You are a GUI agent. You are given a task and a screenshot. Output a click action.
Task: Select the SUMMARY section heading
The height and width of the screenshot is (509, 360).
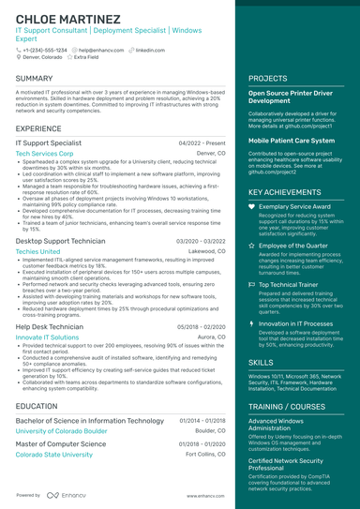click(x=35, y=78)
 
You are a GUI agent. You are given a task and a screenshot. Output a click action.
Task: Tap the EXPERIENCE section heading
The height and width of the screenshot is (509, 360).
click(x=38, y=127)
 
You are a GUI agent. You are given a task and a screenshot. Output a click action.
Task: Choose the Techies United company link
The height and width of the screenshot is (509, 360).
click(x=38, y=251)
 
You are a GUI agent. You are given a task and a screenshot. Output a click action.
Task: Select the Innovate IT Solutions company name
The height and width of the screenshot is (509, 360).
click(x=48, y=337)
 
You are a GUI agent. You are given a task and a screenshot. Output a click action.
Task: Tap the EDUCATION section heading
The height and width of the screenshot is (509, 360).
click(x=37, y=405)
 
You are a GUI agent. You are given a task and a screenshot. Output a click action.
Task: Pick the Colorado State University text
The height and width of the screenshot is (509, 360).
click(x=54, y=454)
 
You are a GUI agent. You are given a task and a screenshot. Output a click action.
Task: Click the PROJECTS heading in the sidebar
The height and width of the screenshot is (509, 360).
click(x=268, y=78)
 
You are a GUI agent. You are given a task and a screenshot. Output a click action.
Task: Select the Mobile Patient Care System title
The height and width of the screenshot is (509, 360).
click(x=291, y=140)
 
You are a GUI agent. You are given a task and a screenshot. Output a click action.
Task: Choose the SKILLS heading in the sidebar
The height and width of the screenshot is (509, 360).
click(x=262, y=361)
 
